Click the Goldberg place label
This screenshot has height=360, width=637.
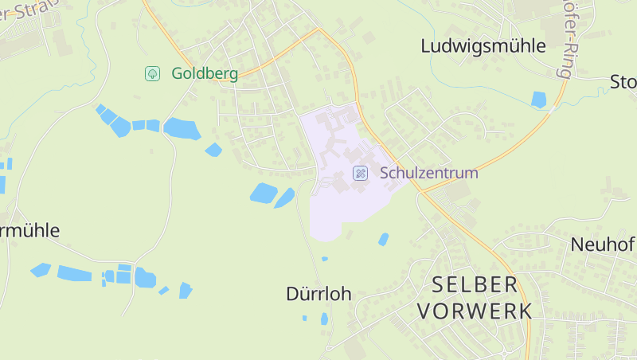(x=204, y=74)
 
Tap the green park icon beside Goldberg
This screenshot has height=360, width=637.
(x=152, y=74)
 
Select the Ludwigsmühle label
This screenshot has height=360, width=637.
(x=483, y=46)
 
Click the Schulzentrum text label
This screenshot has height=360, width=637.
(x=428, y=173)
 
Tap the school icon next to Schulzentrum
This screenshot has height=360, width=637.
(x=360, y=173)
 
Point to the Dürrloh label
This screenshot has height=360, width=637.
(x=318, y=294)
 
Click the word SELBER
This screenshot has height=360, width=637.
(x=475, y=284)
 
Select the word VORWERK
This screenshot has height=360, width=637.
(x=475, y=311)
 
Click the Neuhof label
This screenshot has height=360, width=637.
(x=603, y=245)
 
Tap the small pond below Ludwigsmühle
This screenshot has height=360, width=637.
(x=539, y=100)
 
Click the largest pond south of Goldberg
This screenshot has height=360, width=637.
(x=182, y=128)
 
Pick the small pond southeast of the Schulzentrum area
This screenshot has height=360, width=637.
(x=383, y=239)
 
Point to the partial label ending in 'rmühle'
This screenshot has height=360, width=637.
(x=29, y=231)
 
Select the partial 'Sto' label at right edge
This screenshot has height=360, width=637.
(x=623, y=82)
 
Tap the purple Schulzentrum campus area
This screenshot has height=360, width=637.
(x=342, y=207)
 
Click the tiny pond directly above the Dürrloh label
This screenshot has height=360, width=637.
(x=324, y=259)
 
